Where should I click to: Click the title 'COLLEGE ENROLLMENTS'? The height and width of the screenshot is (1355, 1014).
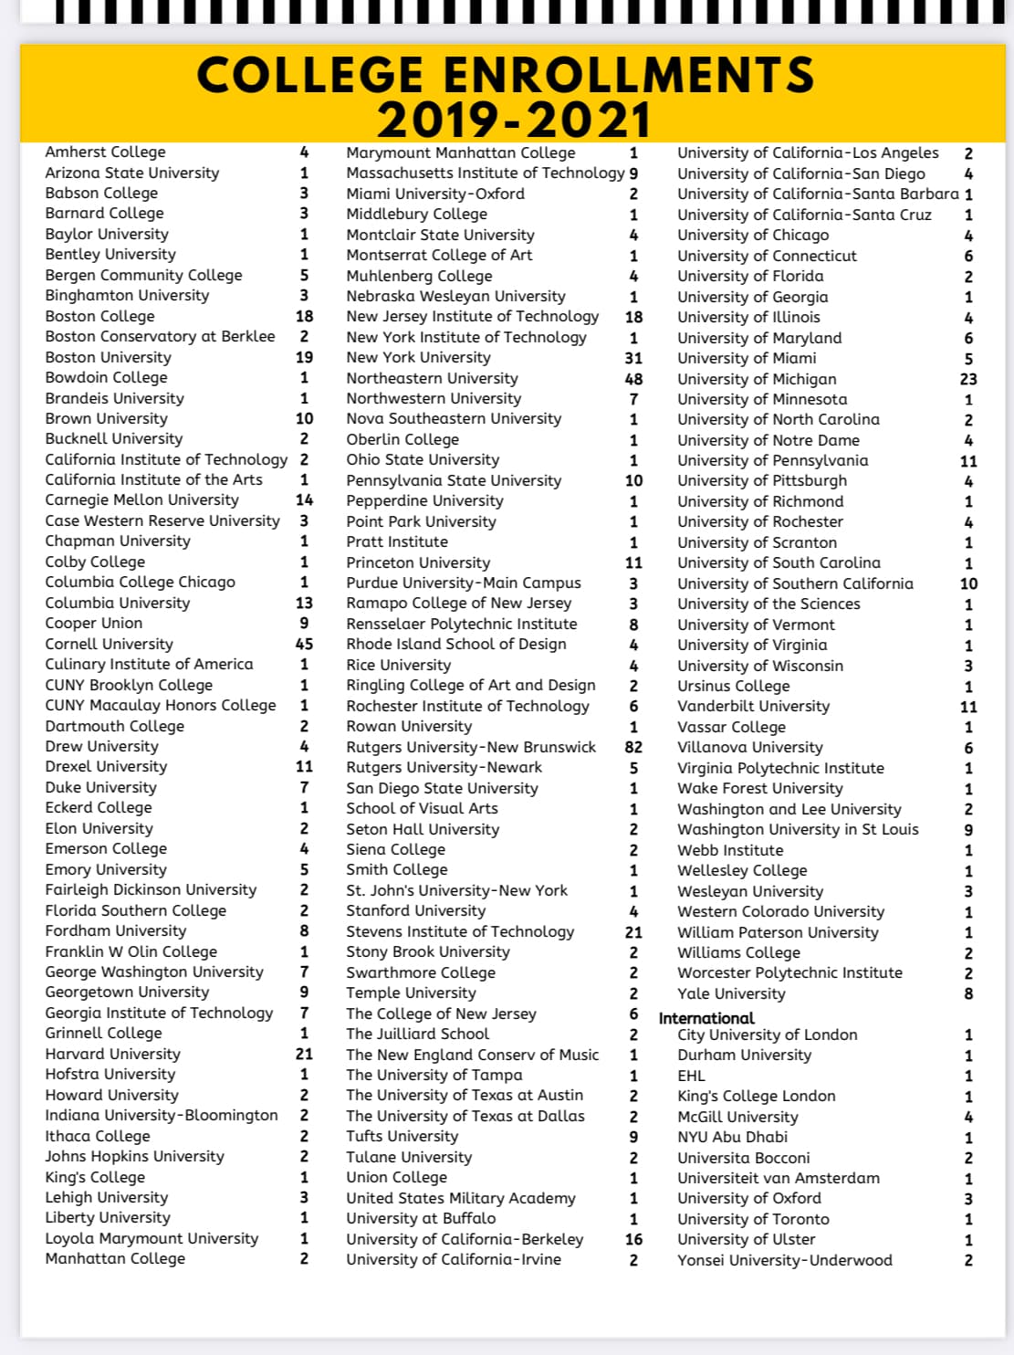pos(505,75)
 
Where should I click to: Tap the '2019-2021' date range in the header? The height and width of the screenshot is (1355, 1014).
pos(514,121)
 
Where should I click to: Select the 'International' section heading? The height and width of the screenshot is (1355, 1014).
pos(706,1018)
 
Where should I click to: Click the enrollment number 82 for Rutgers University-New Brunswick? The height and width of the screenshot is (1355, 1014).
pos(633,747)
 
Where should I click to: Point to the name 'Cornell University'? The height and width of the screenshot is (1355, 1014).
pos(109,644)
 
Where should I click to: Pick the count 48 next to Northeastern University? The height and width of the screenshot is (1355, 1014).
pos(633,379)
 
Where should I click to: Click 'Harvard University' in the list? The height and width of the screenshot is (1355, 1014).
pos(112,1054)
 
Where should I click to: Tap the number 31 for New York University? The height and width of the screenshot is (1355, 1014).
pos(633,358)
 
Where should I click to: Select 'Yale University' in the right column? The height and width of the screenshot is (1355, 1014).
pos(731,993)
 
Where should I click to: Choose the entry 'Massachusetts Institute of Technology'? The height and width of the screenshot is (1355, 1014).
pos(485,173)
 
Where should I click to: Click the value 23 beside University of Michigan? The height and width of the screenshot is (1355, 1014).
pos(968,379)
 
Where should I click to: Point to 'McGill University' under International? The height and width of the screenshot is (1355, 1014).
pos(737,1117)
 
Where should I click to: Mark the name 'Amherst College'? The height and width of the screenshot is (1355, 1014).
pos(105,152)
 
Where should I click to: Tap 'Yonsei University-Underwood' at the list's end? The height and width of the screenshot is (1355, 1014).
pos(785,1260)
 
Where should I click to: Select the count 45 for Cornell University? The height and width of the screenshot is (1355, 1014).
pos(304,644)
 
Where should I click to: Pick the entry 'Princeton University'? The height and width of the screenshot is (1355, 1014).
pos(418,562)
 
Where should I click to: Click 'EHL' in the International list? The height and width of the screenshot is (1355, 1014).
pos(691,1076)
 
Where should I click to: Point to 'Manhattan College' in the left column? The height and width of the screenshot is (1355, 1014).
pos(115,1258)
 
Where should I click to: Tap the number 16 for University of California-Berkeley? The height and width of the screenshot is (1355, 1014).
pos(633,1239)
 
